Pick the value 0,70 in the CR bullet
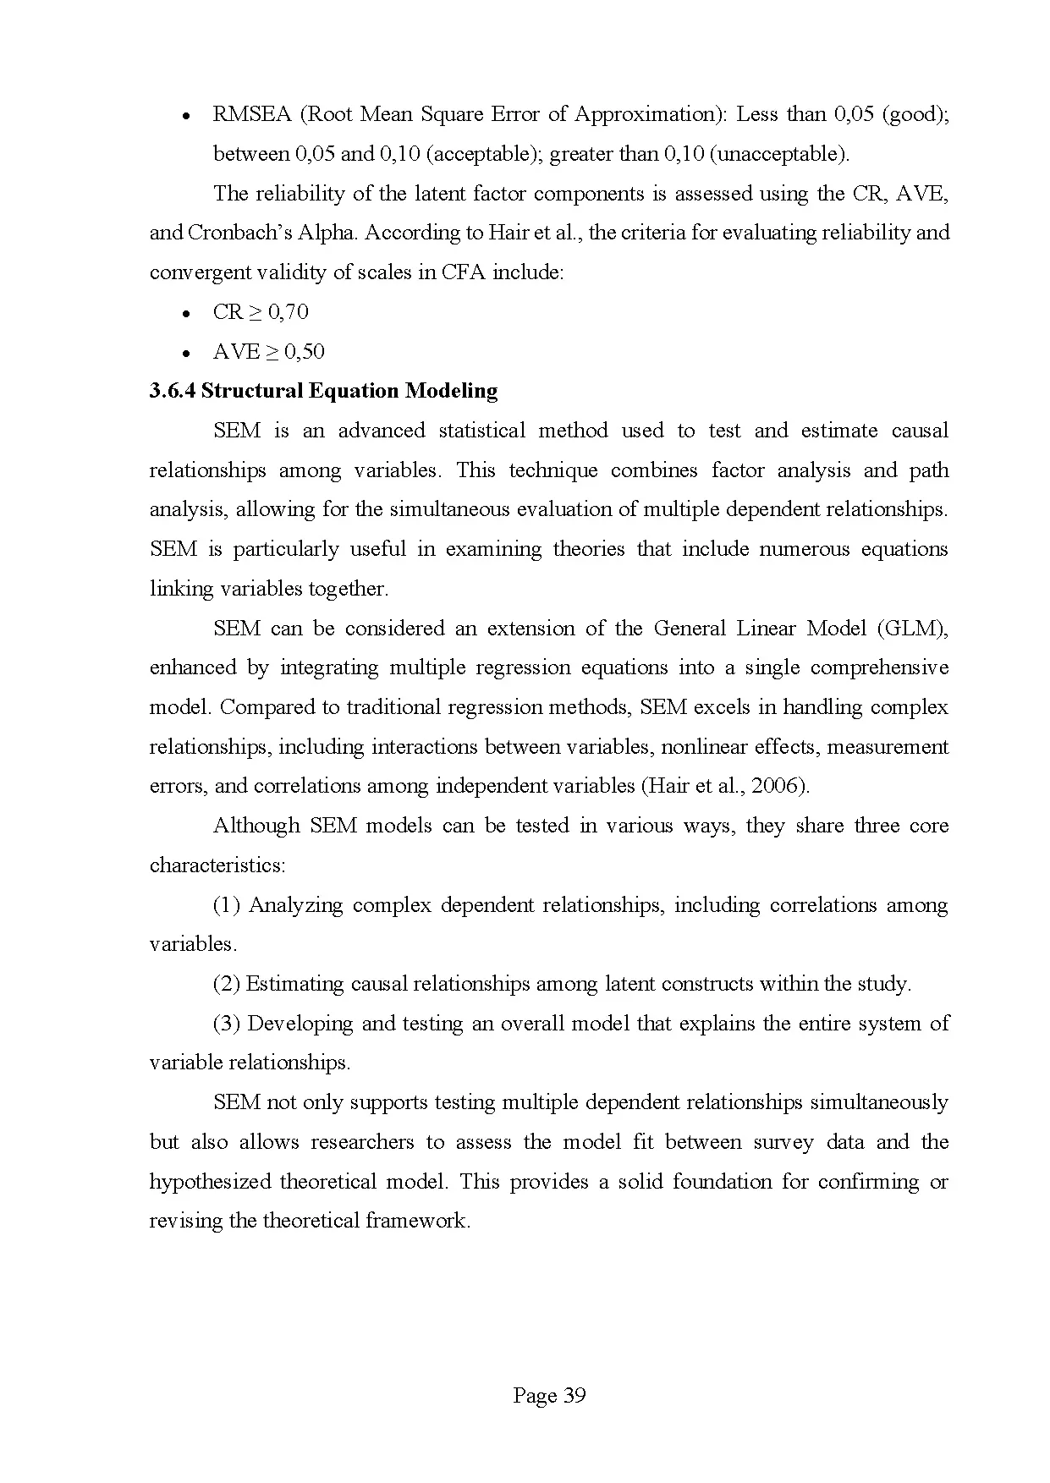(289, 312)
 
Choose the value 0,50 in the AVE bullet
(305, 352)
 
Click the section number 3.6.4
(173, 391)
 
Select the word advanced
(382, 431)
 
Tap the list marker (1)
(227, 905)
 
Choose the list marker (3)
(227, 1024)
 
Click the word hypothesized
(210, 1182)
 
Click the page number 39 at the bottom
(574, 1396)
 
